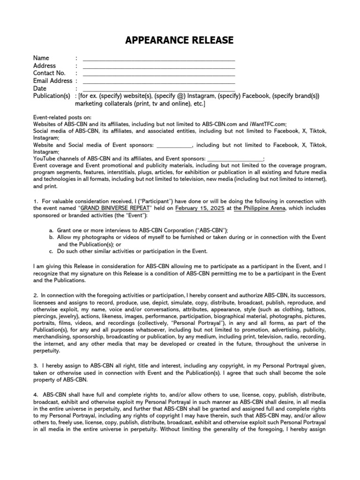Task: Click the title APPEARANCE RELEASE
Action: click(x=180, y=41)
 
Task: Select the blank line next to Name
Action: click(x=159, y=59)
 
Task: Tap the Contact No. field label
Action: click(x=49, y=73)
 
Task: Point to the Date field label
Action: click(x=40, y=88)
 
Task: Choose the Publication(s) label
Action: click(x=52, y=96)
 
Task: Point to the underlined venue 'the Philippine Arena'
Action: click(x=259, y=208)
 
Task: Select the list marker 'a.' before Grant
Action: click(x=51, y=231)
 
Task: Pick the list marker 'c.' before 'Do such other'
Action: click(x=51, y=251)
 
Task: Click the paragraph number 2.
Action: click(x=35, y=296)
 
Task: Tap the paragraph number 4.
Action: click(x=35, y=395)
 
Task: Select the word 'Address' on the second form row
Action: click(x=45, y=66)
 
